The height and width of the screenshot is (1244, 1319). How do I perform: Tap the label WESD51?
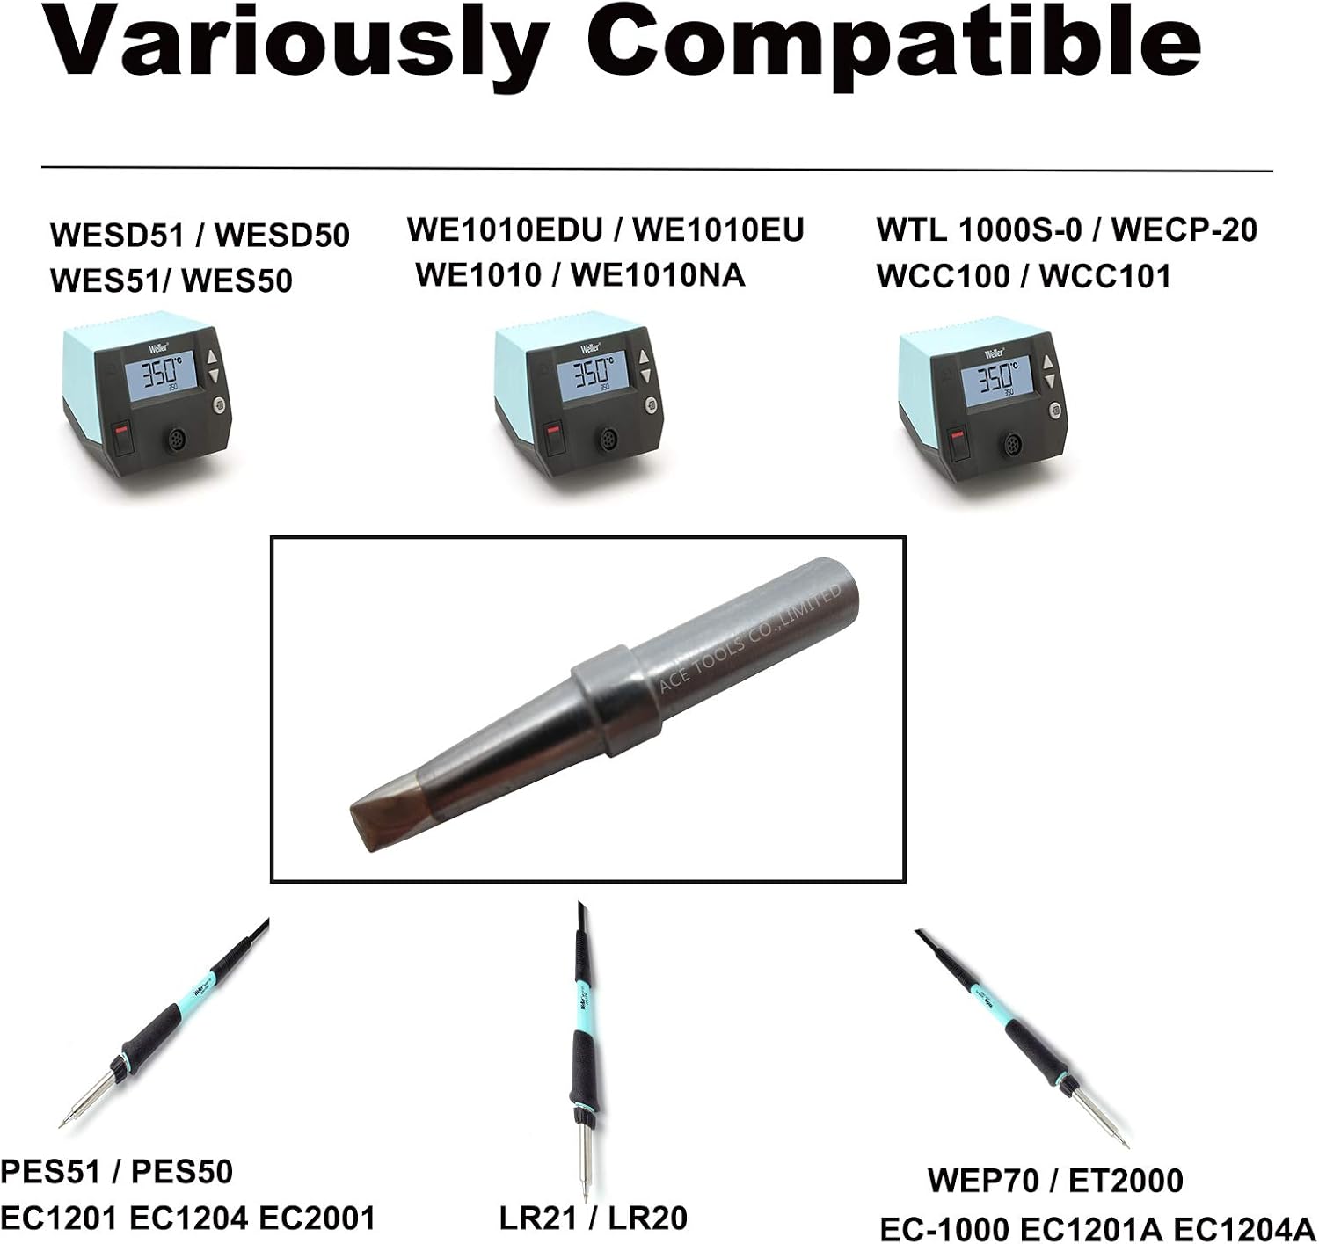tap(117, 235)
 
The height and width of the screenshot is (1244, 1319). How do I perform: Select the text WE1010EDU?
tap(505, 229)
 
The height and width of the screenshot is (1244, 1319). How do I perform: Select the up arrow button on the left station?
tap(214, 357)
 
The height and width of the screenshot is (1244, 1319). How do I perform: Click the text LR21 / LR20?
tap(593, 1218)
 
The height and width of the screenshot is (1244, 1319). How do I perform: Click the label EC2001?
tap(317, 1218)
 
